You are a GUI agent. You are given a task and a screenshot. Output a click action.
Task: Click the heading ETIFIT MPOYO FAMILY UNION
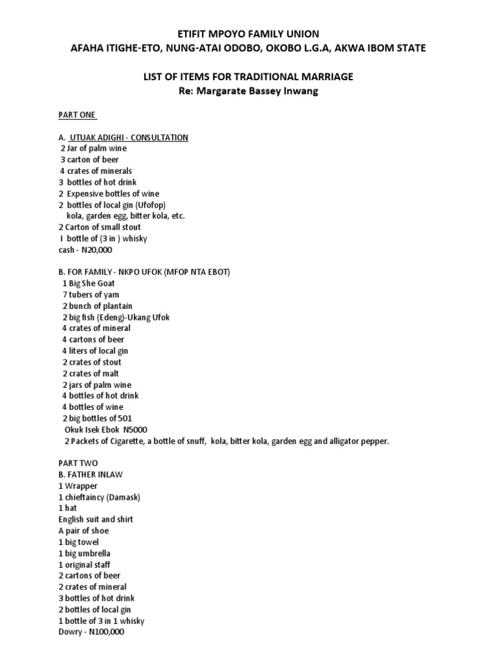248,34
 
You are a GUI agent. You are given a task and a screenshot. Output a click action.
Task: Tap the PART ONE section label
77,115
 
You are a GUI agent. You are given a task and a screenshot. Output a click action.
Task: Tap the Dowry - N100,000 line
91,632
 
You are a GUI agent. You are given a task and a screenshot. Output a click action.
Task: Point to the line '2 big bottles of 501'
96,418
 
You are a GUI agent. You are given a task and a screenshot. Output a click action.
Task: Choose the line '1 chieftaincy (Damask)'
99,497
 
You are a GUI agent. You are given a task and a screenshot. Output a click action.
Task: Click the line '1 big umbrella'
84,553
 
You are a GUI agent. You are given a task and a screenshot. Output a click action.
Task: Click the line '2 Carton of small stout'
99,228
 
